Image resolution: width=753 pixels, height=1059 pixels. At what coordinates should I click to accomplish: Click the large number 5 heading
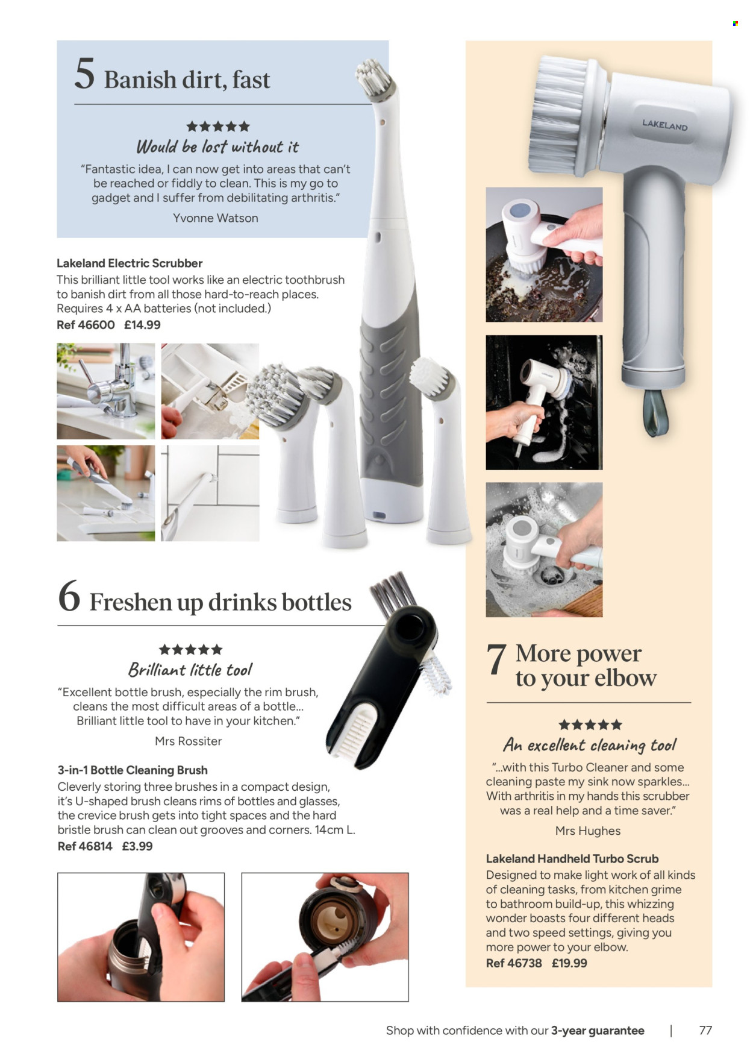tap(84, 74)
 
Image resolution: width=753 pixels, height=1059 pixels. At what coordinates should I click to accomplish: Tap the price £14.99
tap(142, 325)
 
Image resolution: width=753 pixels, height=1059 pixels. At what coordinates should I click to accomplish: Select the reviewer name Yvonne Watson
tap(215, 218)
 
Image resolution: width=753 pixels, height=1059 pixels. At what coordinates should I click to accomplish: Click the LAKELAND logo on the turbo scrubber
tap(664, 125)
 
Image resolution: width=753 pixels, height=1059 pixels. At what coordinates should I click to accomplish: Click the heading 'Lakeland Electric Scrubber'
tap(130, 263)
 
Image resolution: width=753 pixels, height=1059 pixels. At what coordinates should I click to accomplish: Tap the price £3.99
tap(137, 846)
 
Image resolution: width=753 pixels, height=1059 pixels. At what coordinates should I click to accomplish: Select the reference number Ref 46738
tap(513, 963)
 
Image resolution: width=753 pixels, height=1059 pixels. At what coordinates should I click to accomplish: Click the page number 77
tap(705, 1030)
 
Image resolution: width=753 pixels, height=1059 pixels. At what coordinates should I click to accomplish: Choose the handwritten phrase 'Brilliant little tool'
tap(190, 670)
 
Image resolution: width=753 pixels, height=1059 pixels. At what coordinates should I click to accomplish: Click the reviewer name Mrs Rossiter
tap(189, 741)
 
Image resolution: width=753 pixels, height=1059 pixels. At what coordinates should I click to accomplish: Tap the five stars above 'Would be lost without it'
tap(217, 127)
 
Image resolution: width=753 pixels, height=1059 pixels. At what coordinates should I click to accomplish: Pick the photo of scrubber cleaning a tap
tap(106, 391)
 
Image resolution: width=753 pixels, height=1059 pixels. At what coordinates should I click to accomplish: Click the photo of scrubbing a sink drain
tap(543, 549)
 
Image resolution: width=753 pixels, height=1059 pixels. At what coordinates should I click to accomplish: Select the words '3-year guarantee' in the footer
tap(597, 1031)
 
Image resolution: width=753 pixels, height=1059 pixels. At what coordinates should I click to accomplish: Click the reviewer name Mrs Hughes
tap(587, 831)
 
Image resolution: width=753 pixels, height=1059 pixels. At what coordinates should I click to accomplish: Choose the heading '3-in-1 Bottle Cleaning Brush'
tap(133, 770)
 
